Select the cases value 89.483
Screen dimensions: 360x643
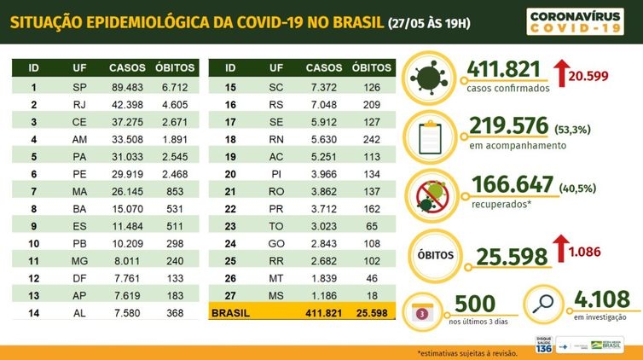pyautogui.click(x=126, y=87)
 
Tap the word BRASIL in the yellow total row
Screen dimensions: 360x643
pyautogui.click(x=230, y=313)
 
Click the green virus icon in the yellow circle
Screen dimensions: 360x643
pyautogui.click(x=432, y=73)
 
